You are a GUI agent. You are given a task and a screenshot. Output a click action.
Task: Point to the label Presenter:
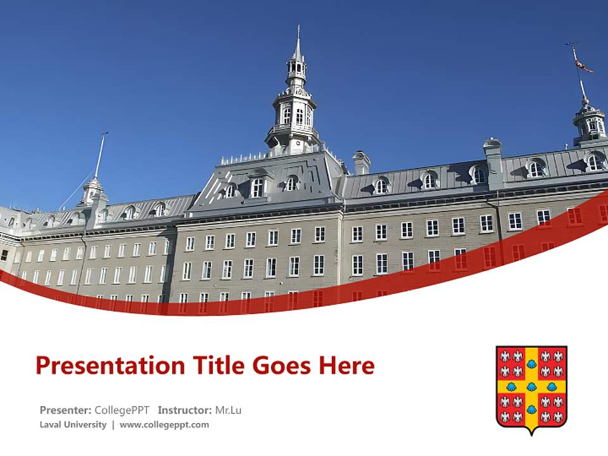click(65, 410)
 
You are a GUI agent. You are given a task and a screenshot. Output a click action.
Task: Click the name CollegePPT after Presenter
click(122, 410)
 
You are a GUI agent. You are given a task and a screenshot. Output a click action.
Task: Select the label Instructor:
click(184, 410)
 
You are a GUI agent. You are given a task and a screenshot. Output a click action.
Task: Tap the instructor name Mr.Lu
click(228, 410)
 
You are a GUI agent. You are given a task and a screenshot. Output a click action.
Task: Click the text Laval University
click(73, 425)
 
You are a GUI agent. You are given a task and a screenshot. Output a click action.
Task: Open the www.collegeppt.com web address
click(164, 425)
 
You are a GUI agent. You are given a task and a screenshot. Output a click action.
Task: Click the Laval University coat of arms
click(531, 388)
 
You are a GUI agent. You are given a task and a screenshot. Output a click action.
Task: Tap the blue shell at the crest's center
click(531, 386)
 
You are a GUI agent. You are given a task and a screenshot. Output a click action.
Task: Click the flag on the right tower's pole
click(583, 65)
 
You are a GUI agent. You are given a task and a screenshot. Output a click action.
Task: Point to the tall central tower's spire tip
click(297, 30)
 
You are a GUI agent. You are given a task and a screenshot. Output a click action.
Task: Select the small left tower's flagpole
click(99, 155)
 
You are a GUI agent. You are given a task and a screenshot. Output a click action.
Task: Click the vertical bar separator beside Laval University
click(113, 425)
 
